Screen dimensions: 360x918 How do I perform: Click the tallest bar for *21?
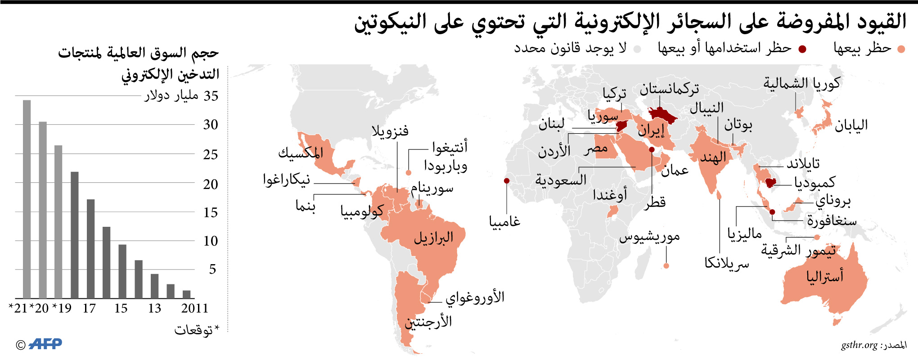(x=27, y=199)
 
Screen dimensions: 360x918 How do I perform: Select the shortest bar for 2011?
(x=186, y=294)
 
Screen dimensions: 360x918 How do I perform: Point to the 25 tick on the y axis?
(x=210, y=154)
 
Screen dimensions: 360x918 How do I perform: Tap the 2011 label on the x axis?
(x=194, y=308)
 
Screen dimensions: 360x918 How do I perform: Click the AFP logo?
(x=45, y=344)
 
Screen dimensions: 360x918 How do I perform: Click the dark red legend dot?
(x=802, y=49)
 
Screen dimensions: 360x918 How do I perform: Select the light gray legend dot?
(x=637, y=49)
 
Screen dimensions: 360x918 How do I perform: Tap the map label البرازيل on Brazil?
(x=433, y=238)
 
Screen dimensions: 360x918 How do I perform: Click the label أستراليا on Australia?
(x=824, y=276)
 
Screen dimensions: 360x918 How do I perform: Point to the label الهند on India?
(x=713, y=158)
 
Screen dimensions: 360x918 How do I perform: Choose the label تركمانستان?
(x=669, y=89)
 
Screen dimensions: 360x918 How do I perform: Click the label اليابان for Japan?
(x=851, y=126)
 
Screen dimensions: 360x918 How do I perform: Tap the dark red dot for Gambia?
(x=507, y=181)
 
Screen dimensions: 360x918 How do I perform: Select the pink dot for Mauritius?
(x=666, y=266)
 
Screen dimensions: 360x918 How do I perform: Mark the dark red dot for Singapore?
(x=772, y=212)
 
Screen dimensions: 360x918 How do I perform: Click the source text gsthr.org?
(x=859, y=345)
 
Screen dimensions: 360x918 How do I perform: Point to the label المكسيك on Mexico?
(x=301, y=153)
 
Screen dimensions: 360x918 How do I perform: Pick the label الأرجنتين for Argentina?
(x=428, y=322)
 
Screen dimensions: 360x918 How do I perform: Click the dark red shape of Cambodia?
(x=770, y=182)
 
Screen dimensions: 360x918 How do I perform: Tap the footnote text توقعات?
(x=193, y=330)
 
